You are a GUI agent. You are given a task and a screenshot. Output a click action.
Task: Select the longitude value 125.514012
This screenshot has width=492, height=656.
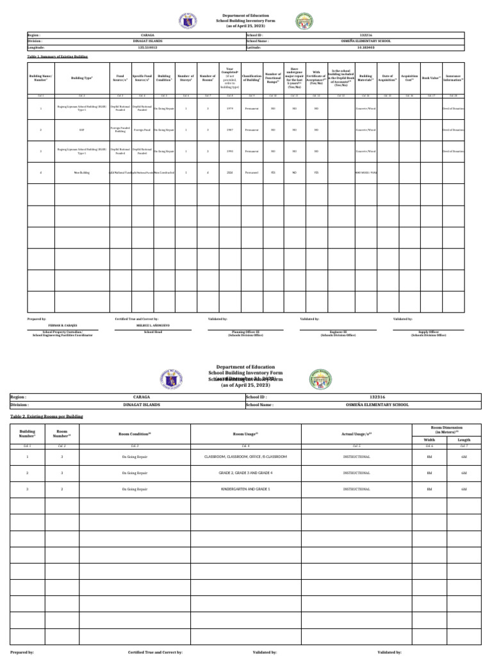pos(143,47)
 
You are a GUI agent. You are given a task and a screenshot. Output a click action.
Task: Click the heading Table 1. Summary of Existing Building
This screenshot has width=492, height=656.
pos(58,56)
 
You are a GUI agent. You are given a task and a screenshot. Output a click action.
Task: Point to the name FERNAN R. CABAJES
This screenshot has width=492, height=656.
pos(63,326)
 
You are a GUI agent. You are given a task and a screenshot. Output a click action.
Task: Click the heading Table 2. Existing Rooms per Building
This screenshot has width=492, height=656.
pos(47,416)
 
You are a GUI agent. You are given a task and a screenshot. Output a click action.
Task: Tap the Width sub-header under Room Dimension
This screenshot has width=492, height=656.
pos(429,440)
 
